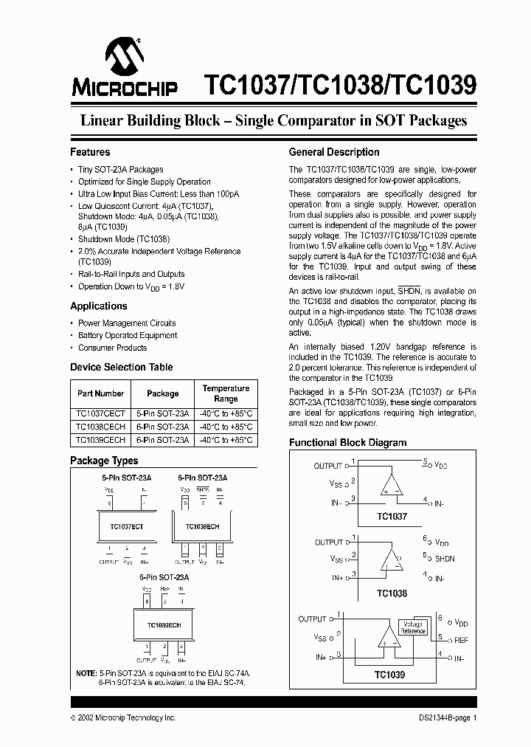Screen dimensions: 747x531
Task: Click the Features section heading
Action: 90,152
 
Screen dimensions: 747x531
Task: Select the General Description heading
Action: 334,152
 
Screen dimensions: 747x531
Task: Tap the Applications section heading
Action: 99,306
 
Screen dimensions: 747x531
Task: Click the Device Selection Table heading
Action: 121,367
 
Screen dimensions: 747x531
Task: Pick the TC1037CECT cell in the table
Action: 100,414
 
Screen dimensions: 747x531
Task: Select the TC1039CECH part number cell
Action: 100,439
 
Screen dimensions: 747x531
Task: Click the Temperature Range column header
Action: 226,393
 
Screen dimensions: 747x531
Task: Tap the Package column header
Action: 163,393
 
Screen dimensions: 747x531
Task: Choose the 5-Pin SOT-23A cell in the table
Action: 163,414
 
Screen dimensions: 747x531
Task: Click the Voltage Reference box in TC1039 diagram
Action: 413,627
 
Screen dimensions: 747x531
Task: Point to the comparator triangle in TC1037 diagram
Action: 391,483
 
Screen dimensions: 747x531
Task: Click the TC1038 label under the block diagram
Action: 392,593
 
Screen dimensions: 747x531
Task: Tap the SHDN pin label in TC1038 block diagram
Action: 445,559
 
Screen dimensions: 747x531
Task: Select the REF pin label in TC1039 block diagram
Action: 461,640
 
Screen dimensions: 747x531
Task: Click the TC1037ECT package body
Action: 128,527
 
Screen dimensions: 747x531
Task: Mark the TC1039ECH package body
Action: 164,624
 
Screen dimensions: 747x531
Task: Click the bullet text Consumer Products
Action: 112,348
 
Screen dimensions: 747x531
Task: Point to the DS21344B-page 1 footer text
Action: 444,717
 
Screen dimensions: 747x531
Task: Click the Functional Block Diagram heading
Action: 347,443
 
